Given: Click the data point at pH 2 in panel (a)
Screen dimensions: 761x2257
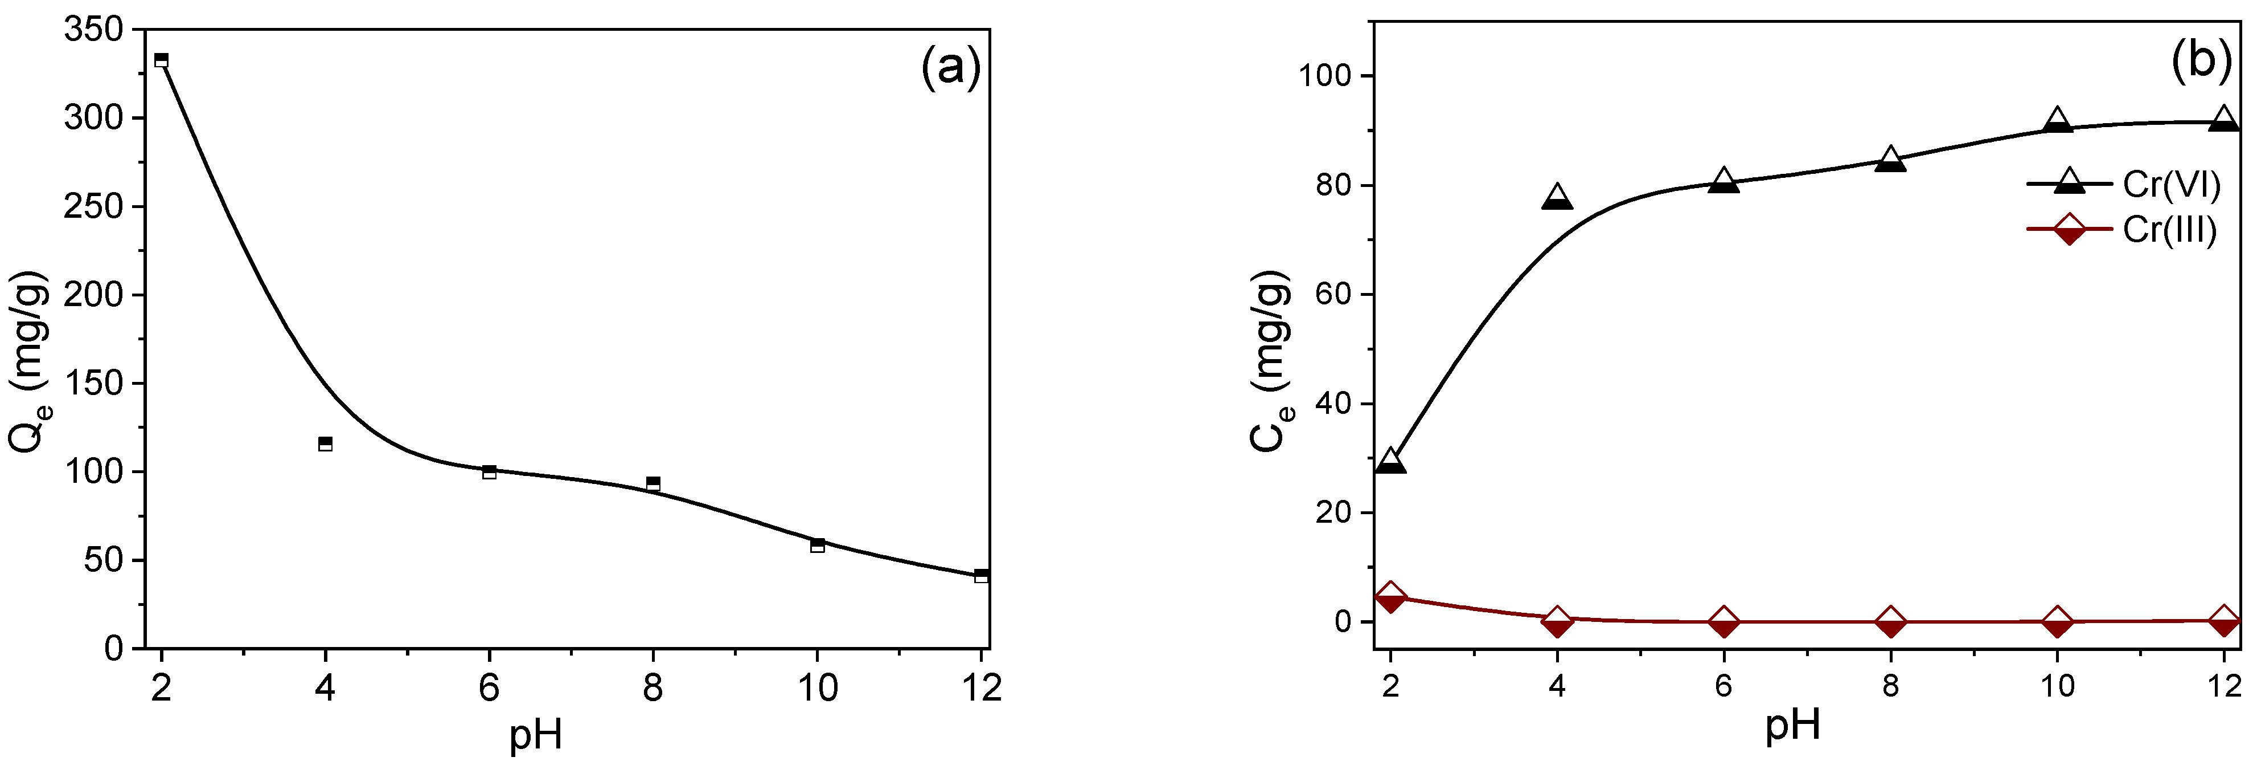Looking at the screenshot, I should [x=161, y=60].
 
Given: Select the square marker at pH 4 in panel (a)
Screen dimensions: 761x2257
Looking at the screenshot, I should [x=325, y=443].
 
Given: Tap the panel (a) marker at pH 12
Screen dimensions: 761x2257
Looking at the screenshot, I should [x=981, y=575].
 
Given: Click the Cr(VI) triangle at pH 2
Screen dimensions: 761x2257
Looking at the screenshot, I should [x=1390, y=461].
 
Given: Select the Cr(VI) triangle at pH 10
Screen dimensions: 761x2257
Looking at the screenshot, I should [x=2057, y=122].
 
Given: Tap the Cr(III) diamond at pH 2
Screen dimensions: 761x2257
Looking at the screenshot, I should [x=1390, y=598].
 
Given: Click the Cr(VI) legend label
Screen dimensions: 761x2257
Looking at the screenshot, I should [x=2171, y=184].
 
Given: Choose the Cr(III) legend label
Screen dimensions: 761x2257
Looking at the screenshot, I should [x=2169, y=230].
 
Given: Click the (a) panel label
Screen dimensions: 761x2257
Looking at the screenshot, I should [x=951, y=67].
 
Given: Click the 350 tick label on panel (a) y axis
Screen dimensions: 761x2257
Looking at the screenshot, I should [x=94, y=29].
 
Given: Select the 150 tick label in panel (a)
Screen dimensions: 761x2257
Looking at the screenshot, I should [x=94, y=383].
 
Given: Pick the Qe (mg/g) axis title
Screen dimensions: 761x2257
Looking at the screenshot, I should [x=31, y=362].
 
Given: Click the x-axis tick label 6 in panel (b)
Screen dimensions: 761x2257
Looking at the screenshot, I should [x=1723, y=686].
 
